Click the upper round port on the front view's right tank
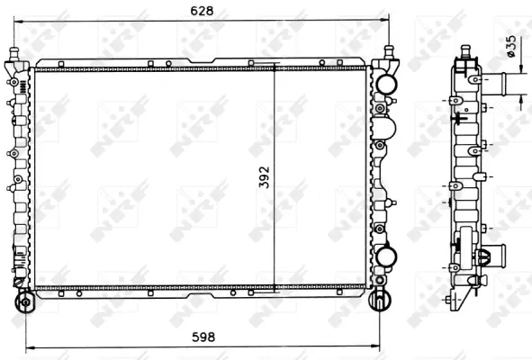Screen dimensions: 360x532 [387, 84]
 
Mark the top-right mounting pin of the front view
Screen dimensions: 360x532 [389, 51]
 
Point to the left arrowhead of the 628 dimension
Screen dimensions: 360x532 [19, 21]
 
